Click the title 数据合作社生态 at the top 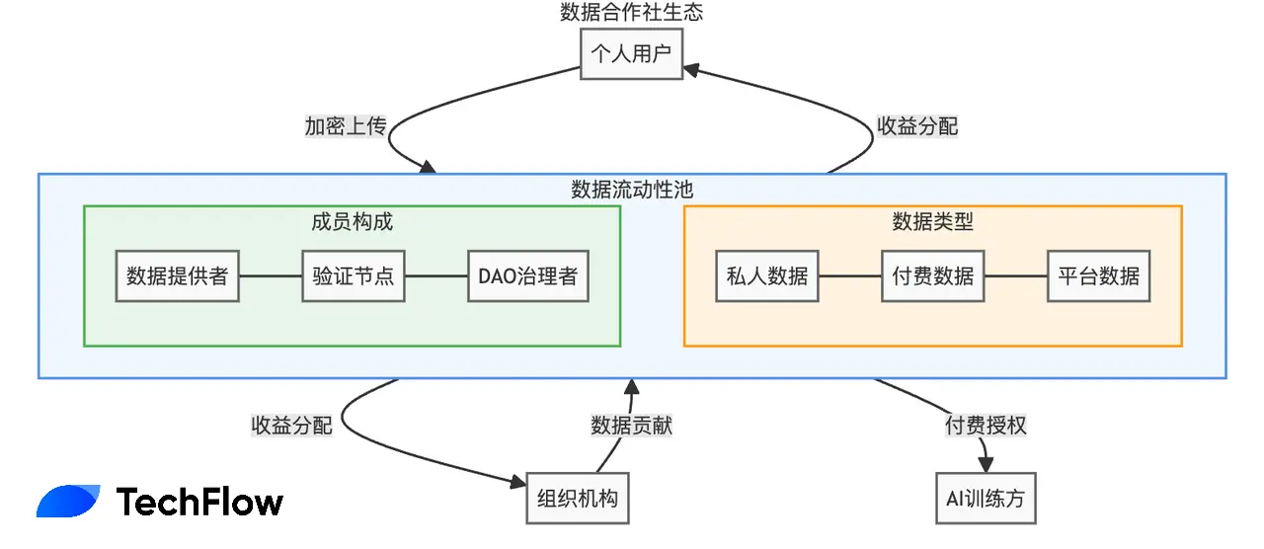[632, 13]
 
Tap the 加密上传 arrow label [345, 126]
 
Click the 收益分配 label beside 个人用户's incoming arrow [917, 126]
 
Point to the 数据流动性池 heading [632, 190]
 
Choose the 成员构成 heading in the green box [352, 221]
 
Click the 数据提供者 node [178, 276]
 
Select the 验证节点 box [354, 276]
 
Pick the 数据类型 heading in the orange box [932, 221]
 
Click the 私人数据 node [767, 276]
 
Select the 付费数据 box [933, 276]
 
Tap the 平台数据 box [1099, 276]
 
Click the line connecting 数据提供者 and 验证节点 [271, 276]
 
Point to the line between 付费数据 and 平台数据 [1016, 276]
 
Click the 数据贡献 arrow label [632, 426]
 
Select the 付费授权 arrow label [986, 426]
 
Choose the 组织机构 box [578, 498]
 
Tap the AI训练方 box [986, 498]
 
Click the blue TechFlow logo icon [67, 502]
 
